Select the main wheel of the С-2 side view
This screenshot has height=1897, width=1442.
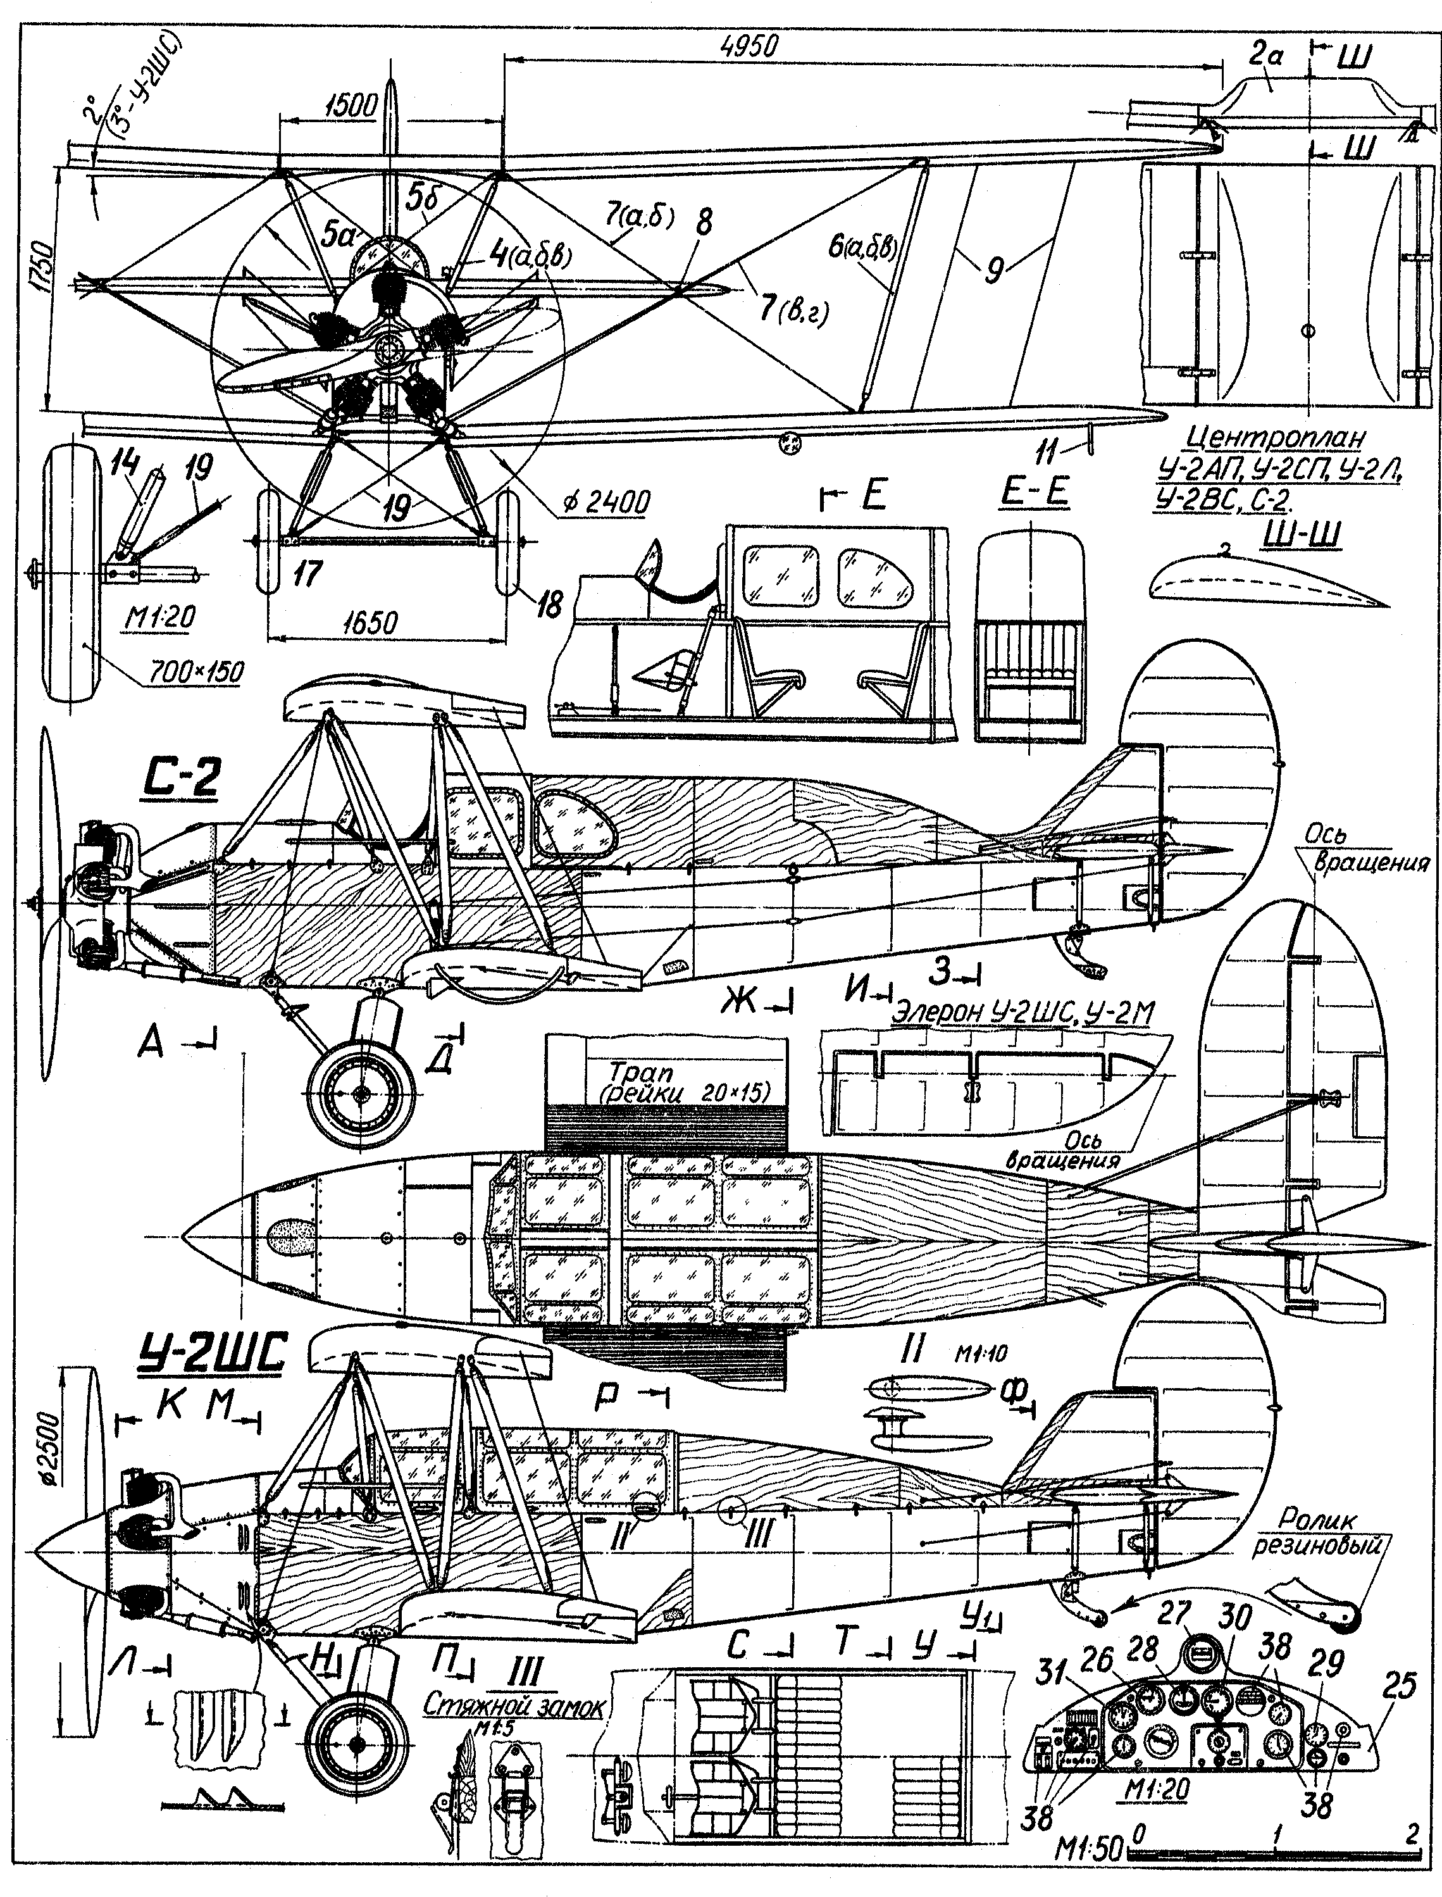click(x=361, y=1092)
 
